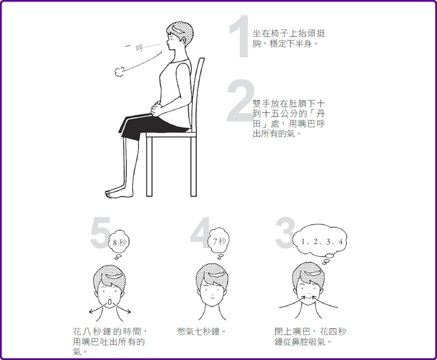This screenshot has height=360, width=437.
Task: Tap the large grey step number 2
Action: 240,101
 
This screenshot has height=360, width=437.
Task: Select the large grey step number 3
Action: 285,233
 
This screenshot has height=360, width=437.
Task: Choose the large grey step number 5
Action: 101,233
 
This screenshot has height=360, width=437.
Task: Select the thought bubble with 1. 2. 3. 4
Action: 320,243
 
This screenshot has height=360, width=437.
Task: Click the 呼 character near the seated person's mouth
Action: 139,48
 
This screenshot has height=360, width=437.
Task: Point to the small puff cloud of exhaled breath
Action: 119,72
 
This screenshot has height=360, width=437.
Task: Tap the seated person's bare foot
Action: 118,193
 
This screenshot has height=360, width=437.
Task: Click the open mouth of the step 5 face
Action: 110,302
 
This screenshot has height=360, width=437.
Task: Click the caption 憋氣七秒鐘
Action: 202,332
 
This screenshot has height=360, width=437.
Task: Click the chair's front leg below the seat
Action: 150,166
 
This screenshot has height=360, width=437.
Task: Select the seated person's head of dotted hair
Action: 180,33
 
